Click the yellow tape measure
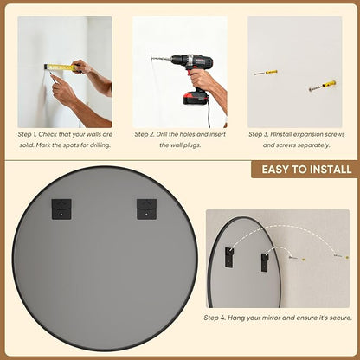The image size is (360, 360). pos(61,67)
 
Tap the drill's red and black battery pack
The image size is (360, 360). pos(196,97)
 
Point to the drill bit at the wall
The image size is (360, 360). pos(161,59)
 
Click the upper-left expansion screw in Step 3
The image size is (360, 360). pos(266,73)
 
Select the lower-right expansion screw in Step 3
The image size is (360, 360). pos(322,86)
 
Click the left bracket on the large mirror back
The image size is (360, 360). pos(61,209)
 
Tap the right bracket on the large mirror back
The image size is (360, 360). pos(146,209)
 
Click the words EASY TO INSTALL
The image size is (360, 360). pos(306,170)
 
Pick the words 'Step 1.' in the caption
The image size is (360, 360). pos(27,134)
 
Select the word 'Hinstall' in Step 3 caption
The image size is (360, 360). pos(281,134)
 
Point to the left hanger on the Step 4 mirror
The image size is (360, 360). pos(229,257)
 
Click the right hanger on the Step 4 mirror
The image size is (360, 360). pos(265,262)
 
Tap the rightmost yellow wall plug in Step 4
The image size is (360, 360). pos(347,257)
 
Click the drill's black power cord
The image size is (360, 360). pos(209,115)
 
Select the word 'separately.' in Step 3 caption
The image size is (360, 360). pos(312,145)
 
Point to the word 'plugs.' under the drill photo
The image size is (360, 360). pos(191,145)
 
